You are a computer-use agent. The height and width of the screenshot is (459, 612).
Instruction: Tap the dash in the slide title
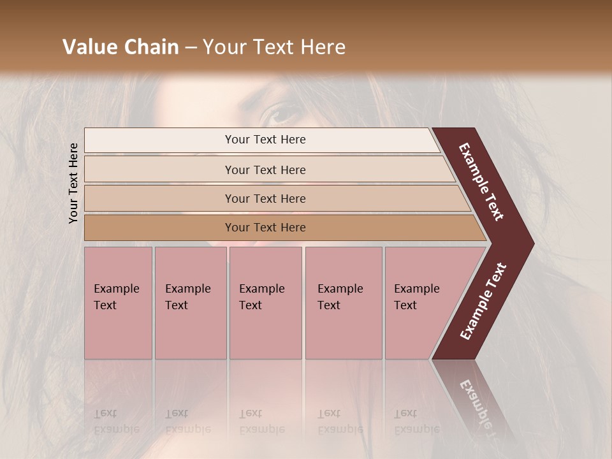pos(191,48)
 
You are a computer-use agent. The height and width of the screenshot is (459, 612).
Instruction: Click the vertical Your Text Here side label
pos(73,183)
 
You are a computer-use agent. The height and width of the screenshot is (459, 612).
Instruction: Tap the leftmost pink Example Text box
pos(118,303)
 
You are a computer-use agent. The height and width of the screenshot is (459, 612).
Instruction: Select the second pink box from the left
pos(191,303)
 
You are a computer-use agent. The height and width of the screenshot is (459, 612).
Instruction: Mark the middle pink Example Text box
pos(265,303)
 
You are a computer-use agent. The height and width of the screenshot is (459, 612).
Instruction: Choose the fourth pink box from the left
pos(344,303)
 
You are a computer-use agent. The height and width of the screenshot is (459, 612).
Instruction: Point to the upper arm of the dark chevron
pos(481,182)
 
